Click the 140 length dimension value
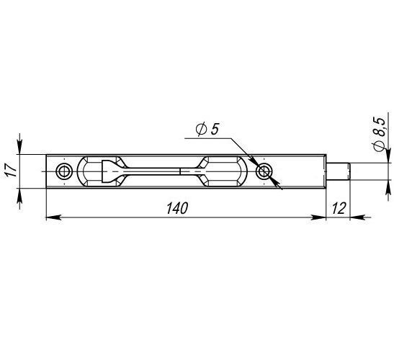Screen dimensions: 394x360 point(177,208)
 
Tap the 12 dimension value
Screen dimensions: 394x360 point(339,208)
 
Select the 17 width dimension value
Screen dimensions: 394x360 point(12,170)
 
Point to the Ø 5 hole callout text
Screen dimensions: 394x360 point(207,129)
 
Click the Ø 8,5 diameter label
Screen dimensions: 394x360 point(380,134)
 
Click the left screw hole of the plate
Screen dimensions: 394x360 point(64,171)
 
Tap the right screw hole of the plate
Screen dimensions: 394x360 point(264,171)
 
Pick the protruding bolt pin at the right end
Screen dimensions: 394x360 point(338,171)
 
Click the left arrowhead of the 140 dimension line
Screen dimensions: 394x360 point(54,217)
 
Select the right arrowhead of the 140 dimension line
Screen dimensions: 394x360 point(318,217)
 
